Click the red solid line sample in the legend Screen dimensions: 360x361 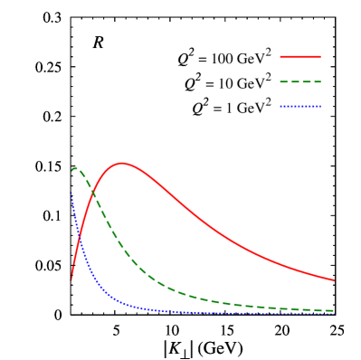pyautogui.click(x=300, y=57)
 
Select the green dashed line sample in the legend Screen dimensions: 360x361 pyautogui.click(x=300, y=81)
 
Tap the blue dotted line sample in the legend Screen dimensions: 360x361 pyautogui.click(x=300, y=106)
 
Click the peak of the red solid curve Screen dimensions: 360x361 pyautogui.click(x=121, y=164)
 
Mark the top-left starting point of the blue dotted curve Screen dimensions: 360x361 pyautogui.click(x=72, y=192)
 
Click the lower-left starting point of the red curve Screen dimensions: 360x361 pyautogui.click(x=72, y=279)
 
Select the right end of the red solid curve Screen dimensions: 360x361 pyautogui.click(x=334, y=279)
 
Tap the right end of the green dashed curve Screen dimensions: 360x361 pyautogui.click(x=334, y=310)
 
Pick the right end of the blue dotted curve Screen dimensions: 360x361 pyautogui.click(x=334, y=313)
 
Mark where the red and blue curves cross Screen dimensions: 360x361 pyautogui.click(x=80, y=237)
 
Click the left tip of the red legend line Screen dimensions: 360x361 pyautogui.click(x=280, y=57)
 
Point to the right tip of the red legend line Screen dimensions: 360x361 pyautogui.click(x=320, y=57)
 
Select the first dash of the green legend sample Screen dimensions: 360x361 pyautogui.click(x=284, y=81)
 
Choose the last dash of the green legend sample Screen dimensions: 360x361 pyautogui.click(x=317, y=81)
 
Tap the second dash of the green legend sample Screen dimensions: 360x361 pyautogui.click(x=295, y=81)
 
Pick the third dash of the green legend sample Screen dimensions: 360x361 pyautogui.click(x=306, y=81)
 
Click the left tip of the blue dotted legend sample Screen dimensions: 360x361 pyautogui.click(x=280, y=106)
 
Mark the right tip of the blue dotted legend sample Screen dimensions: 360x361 pyautogui.click(x=320, y=106)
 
